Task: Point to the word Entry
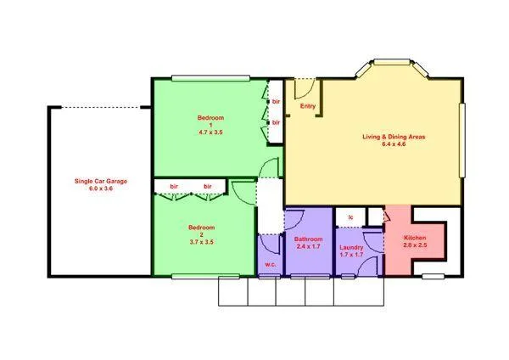pos(309,107)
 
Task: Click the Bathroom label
pos(308,239)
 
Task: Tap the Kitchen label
pos(415,237)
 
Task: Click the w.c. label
pos(271,264)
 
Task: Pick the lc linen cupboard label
pos(350,218)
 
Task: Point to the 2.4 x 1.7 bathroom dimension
pos(308,248)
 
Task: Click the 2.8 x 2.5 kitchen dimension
pos(415,245)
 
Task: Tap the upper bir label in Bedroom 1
pos(277,102)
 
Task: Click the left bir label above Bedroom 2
pos(174,186)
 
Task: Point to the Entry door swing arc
pos(305,87)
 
